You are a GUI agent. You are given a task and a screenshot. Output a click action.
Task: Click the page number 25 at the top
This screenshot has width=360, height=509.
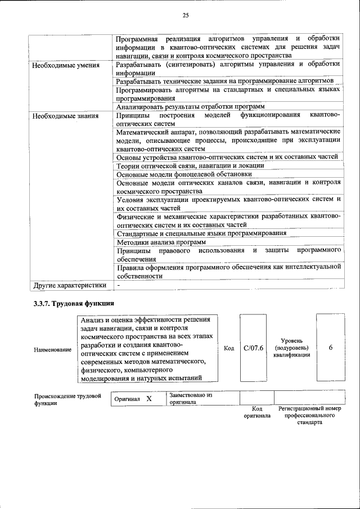click(185, 15)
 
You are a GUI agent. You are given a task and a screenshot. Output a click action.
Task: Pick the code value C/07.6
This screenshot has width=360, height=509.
click(254, 349)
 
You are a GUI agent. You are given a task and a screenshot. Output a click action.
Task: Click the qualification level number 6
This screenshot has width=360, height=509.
click(330, 349)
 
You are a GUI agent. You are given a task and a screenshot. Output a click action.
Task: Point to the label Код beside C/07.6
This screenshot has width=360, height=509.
click(229, 349)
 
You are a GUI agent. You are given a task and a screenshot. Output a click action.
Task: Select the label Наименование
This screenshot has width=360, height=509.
click(53, 350)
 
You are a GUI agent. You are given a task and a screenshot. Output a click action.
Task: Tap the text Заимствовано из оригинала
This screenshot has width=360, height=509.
click(190, 398)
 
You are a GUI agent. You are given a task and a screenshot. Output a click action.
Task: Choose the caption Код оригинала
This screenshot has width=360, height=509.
click(256, 412)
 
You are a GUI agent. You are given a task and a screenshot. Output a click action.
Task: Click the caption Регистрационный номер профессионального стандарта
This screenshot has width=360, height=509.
click(309, 416)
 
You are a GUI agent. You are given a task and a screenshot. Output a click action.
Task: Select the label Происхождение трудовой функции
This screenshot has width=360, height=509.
click(67, 399)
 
